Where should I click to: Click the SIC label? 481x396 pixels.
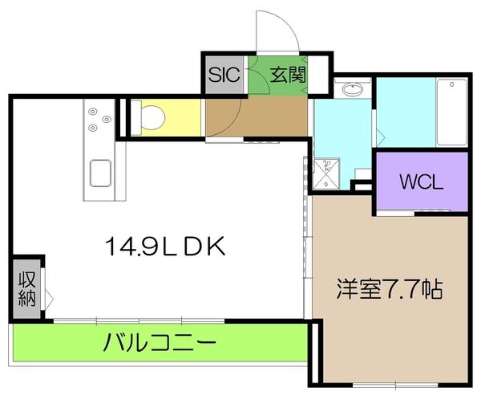(x=224, y=76)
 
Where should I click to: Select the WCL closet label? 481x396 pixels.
(x=421, y=182)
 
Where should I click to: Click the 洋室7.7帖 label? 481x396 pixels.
(x=390, y=288)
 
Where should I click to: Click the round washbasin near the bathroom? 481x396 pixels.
(x=351, y=89)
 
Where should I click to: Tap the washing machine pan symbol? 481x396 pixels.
(x=326, y=172)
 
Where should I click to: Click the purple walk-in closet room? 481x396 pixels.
(x=421, y=182)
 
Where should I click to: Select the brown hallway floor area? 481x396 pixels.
(x=255, y=118)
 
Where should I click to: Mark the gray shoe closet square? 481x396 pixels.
(x=224, y=76)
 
